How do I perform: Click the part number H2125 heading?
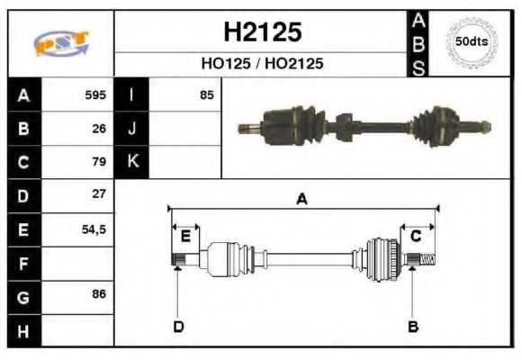(x=262, y=32)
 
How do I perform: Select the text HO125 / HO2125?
(x=262, y=64)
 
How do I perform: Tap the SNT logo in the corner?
(x=61, y=43)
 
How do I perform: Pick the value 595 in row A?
(x=94, y=94)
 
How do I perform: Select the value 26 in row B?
(x=99, y=129)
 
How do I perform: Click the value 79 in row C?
(x=99, y=162)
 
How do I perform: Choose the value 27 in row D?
(x=99, y=194)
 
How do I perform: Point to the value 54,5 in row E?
(x=94, y=229)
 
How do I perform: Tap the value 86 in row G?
(x=99, y=294)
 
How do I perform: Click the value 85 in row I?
(x=207, y=94)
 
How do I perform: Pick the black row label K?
(x=132, y=162)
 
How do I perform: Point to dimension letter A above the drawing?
(x=302, y=200)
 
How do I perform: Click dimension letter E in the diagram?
(x=185, y=237)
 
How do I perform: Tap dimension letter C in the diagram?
(x=416, y=236)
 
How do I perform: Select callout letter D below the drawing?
(x=178, y=326)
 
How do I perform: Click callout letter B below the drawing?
(x=412, y=326)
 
